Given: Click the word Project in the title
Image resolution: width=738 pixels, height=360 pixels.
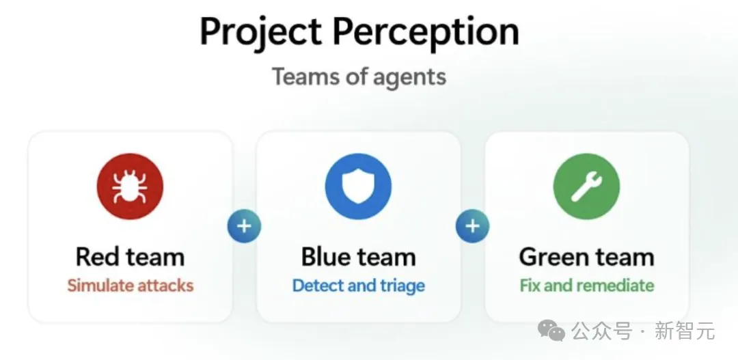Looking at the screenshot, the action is pyautogui.click(x=260, y=32).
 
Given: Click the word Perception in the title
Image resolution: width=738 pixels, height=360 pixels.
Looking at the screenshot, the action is pyautogui.click(x=426, y=32).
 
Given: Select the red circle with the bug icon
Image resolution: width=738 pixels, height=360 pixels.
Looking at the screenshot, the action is pyautogui.click(x=130, y=186).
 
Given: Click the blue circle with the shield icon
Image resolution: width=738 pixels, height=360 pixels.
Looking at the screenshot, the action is pyautogui.click(x=358, y=186).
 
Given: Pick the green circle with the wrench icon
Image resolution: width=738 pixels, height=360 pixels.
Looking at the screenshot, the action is pyautogui.click(x=586, y=186).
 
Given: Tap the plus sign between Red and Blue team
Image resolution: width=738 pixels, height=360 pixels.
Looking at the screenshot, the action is pyautogui.click(x=244, y=226).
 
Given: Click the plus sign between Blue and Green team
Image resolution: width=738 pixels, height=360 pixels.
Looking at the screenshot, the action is pyautogui.click(x=473, y=226).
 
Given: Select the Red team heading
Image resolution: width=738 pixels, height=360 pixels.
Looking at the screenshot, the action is pyautogui.click(x=130, y=257).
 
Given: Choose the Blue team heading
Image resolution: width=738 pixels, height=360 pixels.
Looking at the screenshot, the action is pyautogui.click(x=359, y=257).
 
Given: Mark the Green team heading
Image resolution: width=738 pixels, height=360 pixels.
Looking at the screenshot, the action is pyautogui.click(x=587, y=257).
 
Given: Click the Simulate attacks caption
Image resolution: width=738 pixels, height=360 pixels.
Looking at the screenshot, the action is pyautogui.click(x=131, y=286).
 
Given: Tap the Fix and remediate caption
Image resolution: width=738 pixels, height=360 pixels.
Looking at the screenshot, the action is pyautogui.click(x=587, y=286).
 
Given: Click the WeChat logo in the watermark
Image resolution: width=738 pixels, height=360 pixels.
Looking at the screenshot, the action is pyautogui.click(x=551, y=330).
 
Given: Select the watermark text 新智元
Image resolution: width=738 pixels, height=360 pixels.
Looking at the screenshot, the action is pyautogui.click(x=685, y=331).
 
